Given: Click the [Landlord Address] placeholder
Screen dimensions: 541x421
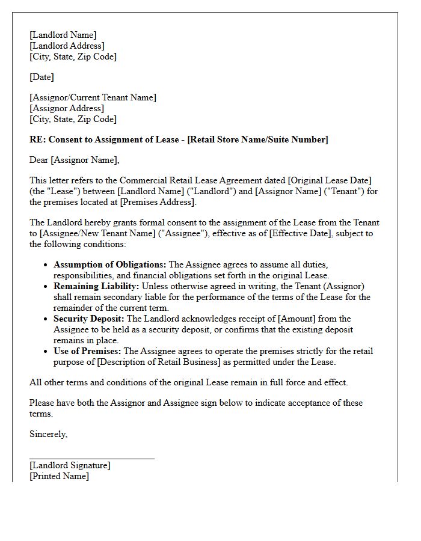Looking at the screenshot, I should (67, 46).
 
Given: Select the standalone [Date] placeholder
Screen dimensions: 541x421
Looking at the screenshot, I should (41, 77).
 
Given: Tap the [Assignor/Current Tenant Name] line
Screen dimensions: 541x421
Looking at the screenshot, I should (93, 97).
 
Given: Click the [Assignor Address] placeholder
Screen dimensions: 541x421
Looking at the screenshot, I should (66, 108).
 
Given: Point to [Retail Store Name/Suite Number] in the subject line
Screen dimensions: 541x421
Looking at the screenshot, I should (258, 139).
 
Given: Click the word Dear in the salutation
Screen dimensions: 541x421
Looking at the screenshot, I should (39, 160).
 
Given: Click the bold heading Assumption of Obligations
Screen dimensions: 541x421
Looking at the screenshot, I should (110, 264).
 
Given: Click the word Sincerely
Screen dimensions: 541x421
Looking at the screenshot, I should (48, 434).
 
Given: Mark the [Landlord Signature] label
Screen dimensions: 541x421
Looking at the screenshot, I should (70, 465).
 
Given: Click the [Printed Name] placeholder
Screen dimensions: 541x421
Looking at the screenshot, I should (59, 476).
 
